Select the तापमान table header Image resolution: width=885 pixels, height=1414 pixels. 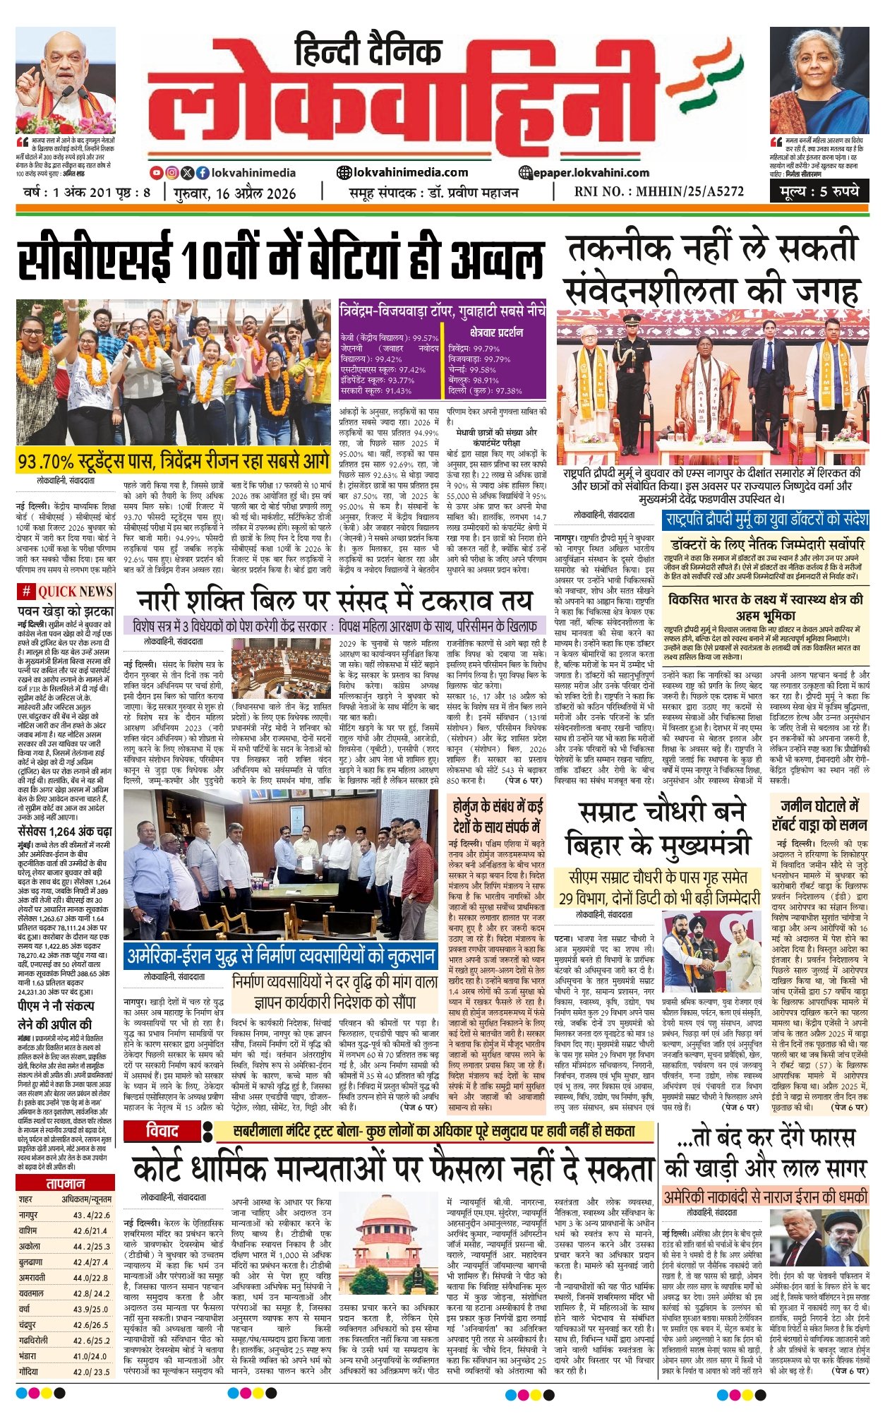click(x=65, y=1184)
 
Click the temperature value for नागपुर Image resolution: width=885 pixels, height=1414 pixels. click(x=92, y=1215)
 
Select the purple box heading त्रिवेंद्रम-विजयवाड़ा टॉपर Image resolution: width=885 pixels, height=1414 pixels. click(x=442, y=309)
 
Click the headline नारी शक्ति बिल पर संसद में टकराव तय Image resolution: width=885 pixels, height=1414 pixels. click(x=334, y=601)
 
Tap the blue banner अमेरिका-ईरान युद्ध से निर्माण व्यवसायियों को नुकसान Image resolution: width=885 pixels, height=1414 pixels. click(x=281, y=957)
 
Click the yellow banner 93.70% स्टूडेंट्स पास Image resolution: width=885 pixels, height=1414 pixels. click(x=174, y=462)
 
